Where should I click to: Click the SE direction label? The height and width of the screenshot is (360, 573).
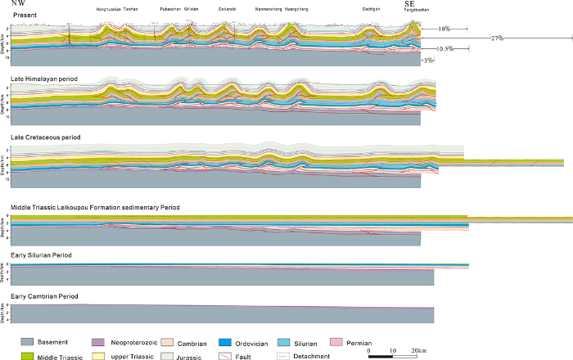point(411,4)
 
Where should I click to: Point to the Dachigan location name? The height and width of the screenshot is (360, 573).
point(371,9)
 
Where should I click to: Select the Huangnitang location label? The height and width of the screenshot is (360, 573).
point(299,9)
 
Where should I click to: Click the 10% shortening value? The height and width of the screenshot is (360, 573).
point(444,29)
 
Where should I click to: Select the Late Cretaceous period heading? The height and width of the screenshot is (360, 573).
point(38,137)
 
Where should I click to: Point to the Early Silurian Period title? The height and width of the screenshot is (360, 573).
point(38,256)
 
